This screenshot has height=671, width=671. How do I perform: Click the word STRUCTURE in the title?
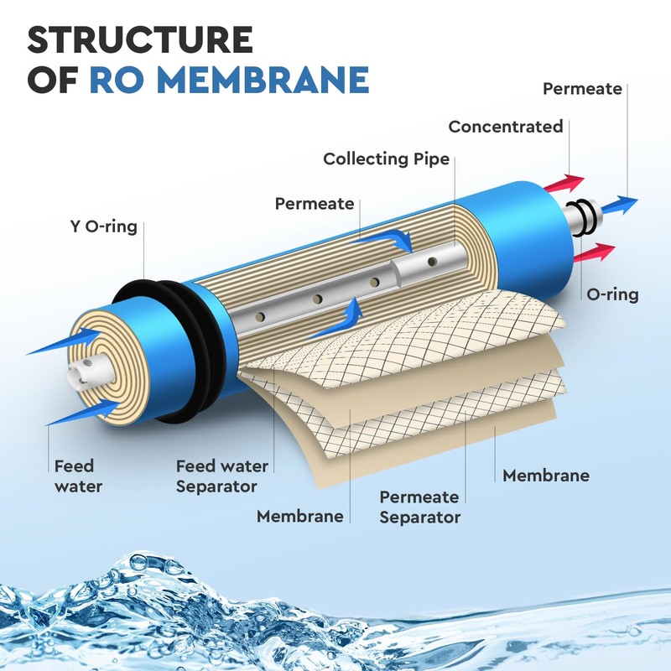pos(140,39)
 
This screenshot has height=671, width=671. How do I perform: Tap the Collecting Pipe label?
pos(386,159)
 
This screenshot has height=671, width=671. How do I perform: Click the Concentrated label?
pos(506,127)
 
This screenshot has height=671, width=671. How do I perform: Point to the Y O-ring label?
pos(103,226)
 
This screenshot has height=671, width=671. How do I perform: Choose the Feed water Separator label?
pos(221,476)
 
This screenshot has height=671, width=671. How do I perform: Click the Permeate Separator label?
pos(420,507)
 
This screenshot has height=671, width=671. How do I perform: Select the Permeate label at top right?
pos(582,89)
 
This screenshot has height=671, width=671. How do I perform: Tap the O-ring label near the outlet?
pos(612,294)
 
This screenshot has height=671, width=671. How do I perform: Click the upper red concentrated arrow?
pos(564,183)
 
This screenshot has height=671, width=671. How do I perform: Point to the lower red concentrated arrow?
pos(595,252)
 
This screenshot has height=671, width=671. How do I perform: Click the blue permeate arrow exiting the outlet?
pos(620,205)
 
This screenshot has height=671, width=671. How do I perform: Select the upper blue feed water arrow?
pos(65,341)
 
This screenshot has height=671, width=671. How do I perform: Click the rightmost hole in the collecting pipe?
pos(432,261)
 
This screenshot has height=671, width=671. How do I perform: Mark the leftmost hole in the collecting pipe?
pos(260,317)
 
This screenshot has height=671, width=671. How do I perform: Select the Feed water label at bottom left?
pos(78,476)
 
